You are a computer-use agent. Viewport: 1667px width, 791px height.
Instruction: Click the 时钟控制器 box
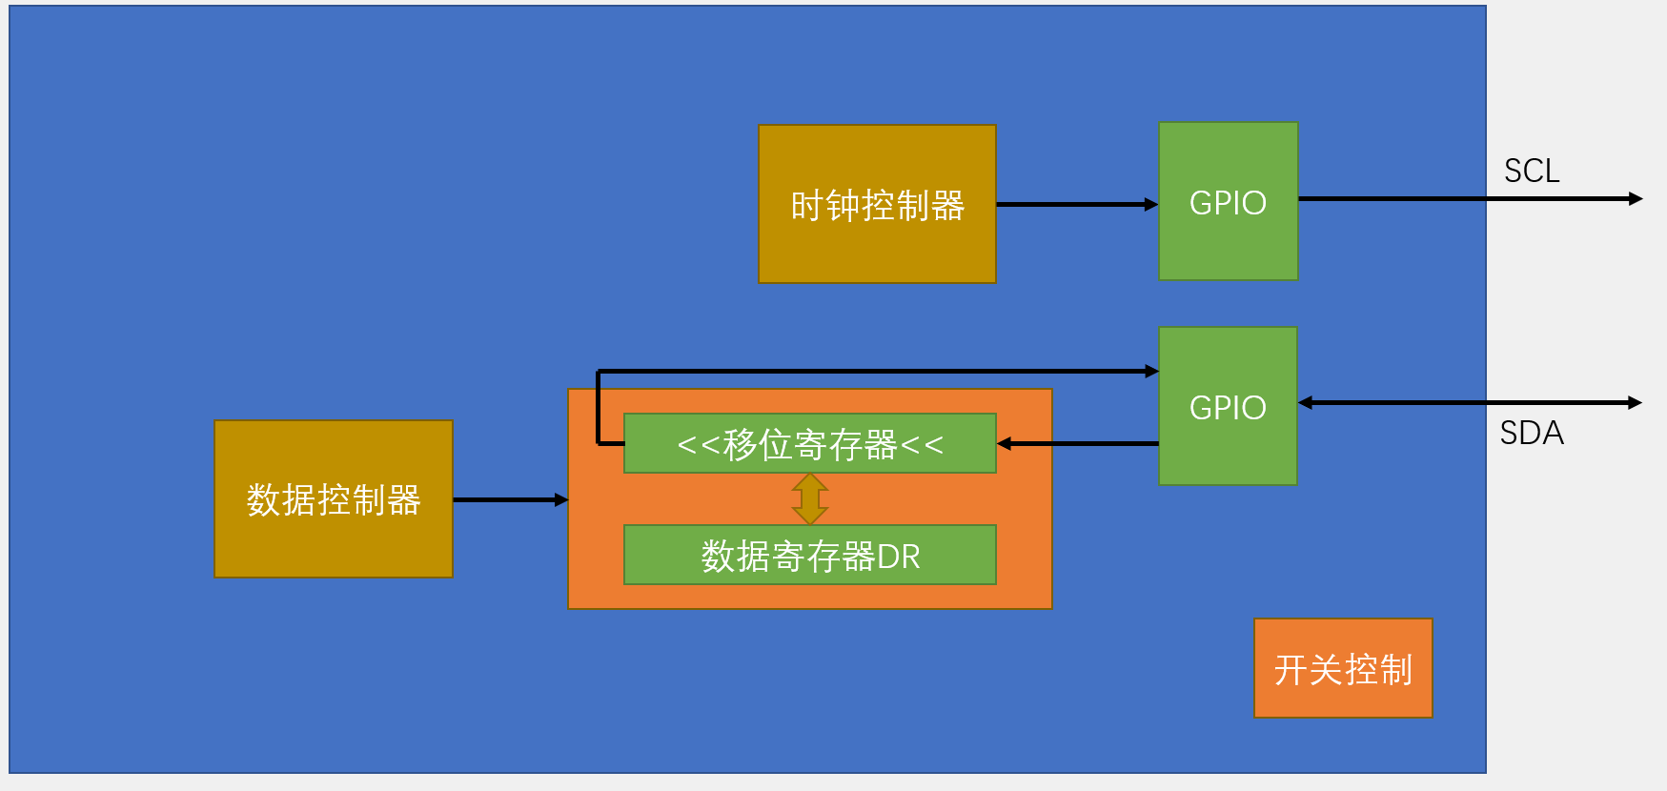(x=877, y=204)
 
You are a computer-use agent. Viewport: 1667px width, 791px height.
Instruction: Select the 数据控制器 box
(x=333, y=499)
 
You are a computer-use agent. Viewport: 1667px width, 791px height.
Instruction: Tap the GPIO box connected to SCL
(x=1228, y=202)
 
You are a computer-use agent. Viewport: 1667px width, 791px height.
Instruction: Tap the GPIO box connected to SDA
(x=1228, y=407)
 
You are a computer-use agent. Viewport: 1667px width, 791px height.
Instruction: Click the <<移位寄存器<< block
(x=809, y=444)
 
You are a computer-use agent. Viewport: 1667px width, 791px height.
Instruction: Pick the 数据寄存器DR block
(x=809, y=556)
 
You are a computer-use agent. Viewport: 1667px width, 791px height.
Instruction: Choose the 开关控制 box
(x=1342, y=669)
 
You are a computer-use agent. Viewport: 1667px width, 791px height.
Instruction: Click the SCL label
(x=1531, y=172)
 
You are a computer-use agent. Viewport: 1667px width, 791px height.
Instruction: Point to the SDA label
(x=1531, y=434)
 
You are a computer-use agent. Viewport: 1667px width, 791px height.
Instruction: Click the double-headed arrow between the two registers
(x=809, y=498)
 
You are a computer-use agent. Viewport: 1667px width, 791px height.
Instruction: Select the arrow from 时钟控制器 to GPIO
(x=1076, y=204)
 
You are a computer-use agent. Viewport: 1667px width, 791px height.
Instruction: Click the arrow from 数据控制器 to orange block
(x=510, y=499)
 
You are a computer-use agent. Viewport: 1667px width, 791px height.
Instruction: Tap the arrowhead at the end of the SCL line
(x=1636, y=199)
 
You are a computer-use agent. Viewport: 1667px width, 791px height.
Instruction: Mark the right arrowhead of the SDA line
(x=1635, y=403)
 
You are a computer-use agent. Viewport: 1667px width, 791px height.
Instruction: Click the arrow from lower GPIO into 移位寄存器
(x=1077, y=444)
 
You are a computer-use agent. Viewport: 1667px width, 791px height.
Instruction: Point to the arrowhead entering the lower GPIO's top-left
(x=1151, y=372)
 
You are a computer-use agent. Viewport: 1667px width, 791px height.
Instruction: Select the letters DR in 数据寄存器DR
(x=899, y=557)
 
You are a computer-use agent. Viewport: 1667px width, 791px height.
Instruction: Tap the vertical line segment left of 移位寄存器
(x=598, y=408)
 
